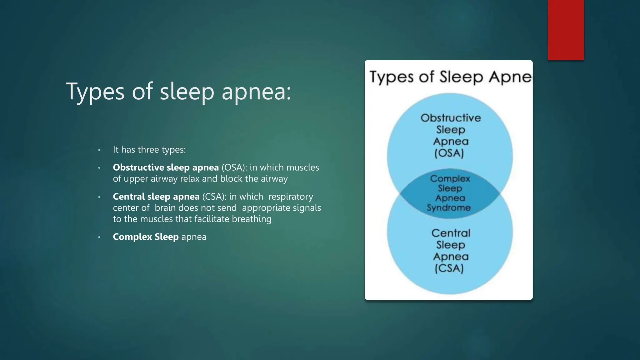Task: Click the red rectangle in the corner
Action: coord(566,30)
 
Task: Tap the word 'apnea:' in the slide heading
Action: coord(256,92)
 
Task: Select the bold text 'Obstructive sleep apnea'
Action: coord(166,167)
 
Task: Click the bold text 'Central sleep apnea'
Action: coord(156,197)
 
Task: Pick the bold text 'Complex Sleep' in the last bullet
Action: coord(146,237)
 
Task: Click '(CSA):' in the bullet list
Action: coord(214,197)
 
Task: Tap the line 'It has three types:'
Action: coord(149,150)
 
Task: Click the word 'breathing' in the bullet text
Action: coord(252,219)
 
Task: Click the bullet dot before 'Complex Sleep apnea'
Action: coord(99,237)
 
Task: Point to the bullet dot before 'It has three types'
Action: coord(99,150)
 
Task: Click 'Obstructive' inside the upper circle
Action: coord(451,118)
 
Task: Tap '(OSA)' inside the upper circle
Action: coord(449,153)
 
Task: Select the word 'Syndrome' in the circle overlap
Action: coord(448,207)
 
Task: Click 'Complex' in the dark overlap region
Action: coord(450,178)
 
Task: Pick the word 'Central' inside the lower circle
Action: coord(451,233)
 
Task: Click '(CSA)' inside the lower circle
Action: coord(449,268)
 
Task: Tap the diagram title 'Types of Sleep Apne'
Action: coord(450,77)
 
